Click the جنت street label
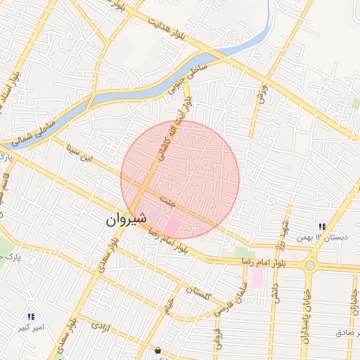point(167,200)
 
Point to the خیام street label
point(168,305)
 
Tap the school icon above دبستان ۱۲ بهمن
point(322,226)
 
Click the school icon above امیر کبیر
point(31,317)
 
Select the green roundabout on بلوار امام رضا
point(309,266)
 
